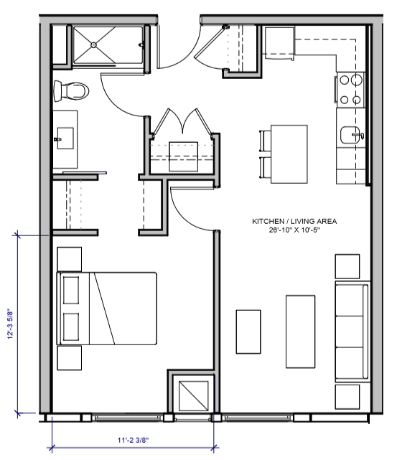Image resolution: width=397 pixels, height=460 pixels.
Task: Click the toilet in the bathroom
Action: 70,91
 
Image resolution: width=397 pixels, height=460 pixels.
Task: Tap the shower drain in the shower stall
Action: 94,44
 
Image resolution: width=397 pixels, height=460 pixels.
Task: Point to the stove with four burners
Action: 350,90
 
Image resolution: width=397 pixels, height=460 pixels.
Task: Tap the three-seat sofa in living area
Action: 351,331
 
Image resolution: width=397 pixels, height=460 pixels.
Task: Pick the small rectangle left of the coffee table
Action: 248,331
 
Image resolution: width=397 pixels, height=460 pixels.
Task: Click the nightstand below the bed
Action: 70,358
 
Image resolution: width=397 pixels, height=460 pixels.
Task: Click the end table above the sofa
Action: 347,266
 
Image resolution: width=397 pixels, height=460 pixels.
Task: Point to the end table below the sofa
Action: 347,395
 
